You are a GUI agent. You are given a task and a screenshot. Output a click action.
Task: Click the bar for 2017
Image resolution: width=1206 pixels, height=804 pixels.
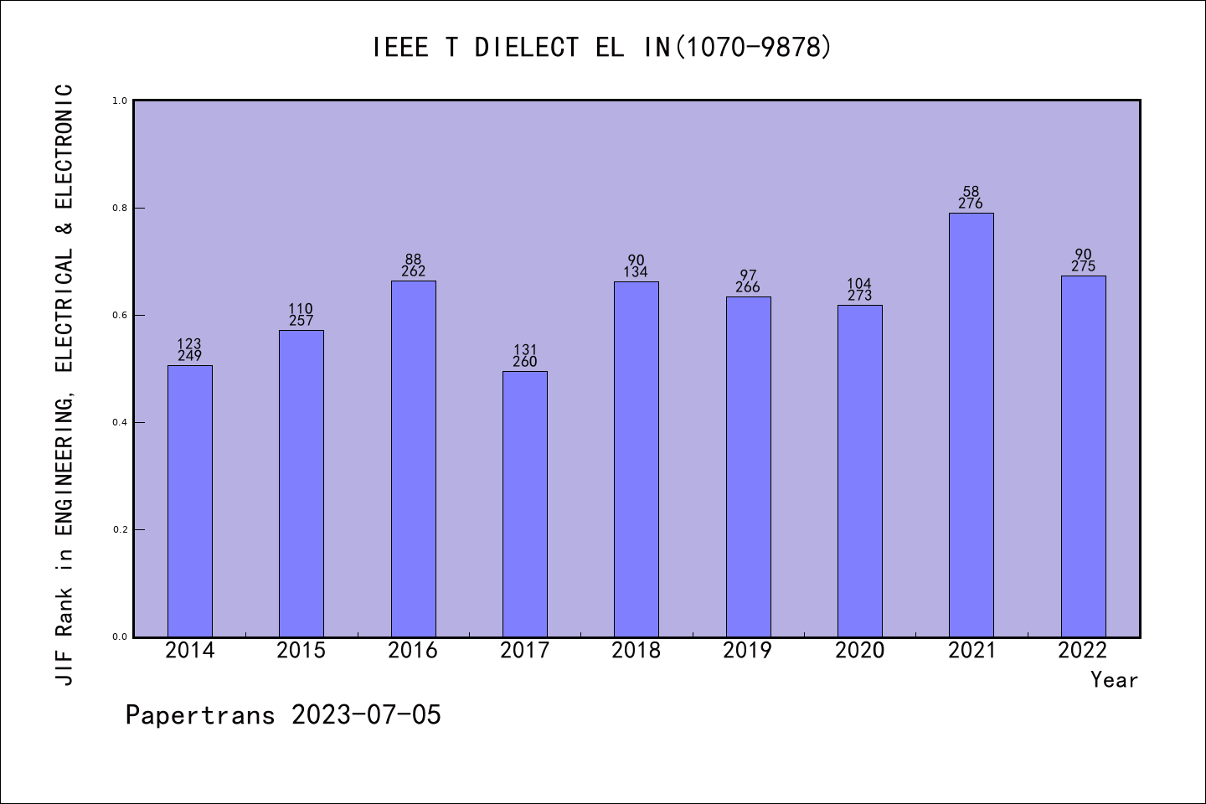[x=525, y=504]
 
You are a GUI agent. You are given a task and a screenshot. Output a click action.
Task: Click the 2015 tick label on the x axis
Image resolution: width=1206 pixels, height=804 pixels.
[x=301, y=651]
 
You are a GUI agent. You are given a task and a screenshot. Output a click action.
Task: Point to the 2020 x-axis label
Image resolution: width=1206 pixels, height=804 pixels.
[x=859, y=651]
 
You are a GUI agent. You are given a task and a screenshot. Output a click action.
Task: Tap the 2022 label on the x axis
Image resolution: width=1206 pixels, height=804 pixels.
[x=1083, y=651]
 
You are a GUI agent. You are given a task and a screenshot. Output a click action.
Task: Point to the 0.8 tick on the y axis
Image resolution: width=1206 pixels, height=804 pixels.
[x=120, y=208]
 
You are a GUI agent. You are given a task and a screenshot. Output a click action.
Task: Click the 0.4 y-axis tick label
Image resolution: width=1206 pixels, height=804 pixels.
[x=120, y=422]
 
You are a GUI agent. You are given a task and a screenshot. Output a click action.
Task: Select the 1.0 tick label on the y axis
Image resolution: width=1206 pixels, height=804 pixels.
[x=120, y=100]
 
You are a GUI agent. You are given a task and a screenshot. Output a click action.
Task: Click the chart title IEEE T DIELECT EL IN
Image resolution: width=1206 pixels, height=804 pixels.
[x=602, y=48]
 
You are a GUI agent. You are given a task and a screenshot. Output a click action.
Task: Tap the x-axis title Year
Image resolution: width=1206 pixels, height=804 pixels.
[x=1114, y=680]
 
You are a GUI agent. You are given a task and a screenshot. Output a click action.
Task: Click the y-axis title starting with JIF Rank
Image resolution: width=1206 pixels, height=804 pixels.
[x=65, y=384]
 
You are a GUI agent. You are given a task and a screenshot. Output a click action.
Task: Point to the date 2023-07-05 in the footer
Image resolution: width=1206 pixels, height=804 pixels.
[x=366, y=715]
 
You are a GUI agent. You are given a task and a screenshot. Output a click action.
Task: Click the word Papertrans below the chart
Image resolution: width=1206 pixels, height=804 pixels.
[x=200, y=715]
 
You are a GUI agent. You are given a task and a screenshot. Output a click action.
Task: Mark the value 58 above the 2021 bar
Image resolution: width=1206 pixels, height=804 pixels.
[x=971, y=192]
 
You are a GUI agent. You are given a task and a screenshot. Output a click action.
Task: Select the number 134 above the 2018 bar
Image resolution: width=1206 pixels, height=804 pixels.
[x=636, y=272]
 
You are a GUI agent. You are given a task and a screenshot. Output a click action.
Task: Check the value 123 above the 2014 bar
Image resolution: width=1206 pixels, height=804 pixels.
[x=190, y=344]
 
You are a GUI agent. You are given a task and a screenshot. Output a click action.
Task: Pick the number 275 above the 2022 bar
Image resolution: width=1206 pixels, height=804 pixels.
[x=1084, y=266]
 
